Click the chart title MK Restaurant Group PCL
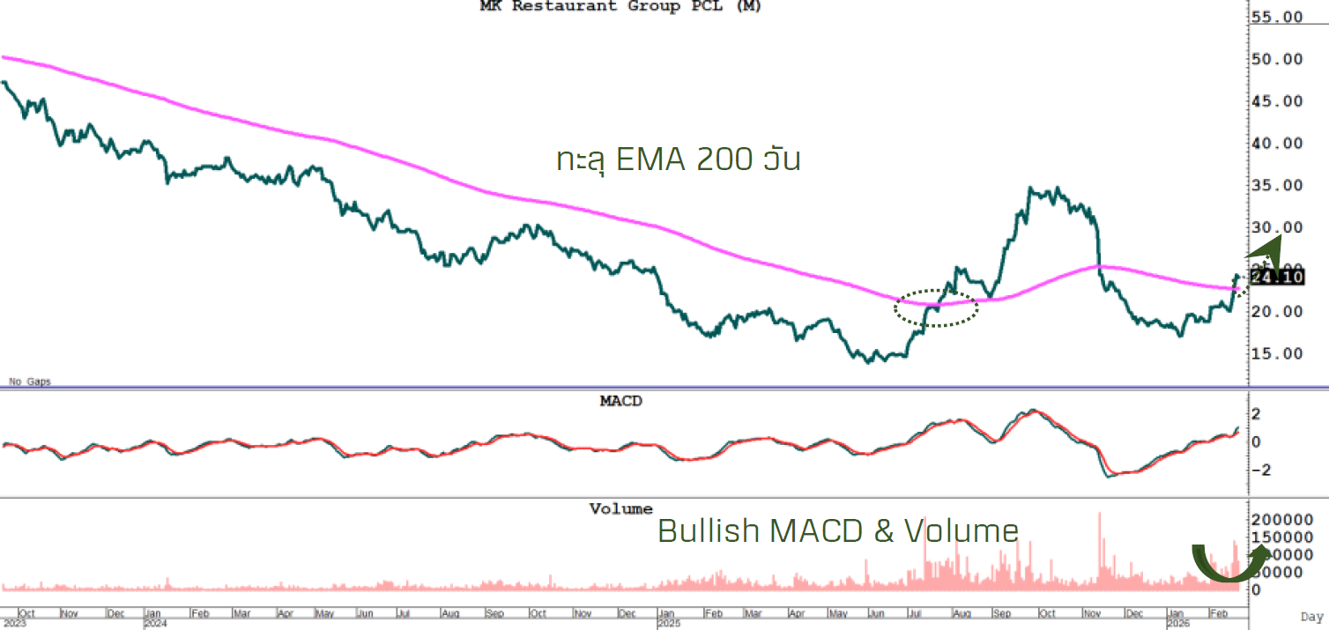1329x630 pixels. click(620, 6)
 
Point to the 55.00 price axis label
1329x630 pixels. click(1278, 18)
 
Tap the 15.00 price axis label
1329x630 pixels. click(1278, 353)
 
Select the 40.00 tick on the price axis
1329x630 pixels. click(1278, 144)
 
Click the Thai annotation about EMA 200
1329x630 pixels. click(679, 159)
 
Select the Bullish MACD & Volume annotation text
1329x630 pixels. click(838, 530)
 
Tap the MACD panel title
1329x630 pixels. click(621, 401)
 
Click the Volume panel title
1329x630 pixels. click(621, 509)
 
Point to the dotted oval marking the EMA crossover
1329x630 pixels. click(936, 308)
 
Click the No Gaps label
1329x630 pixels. click(29, 382)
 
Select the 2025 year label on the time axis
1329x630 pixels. click(670, 623)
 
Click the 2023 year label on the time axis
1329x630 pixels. click(13, 623)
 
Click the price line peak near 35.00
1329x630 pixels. click(1030, 189)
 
